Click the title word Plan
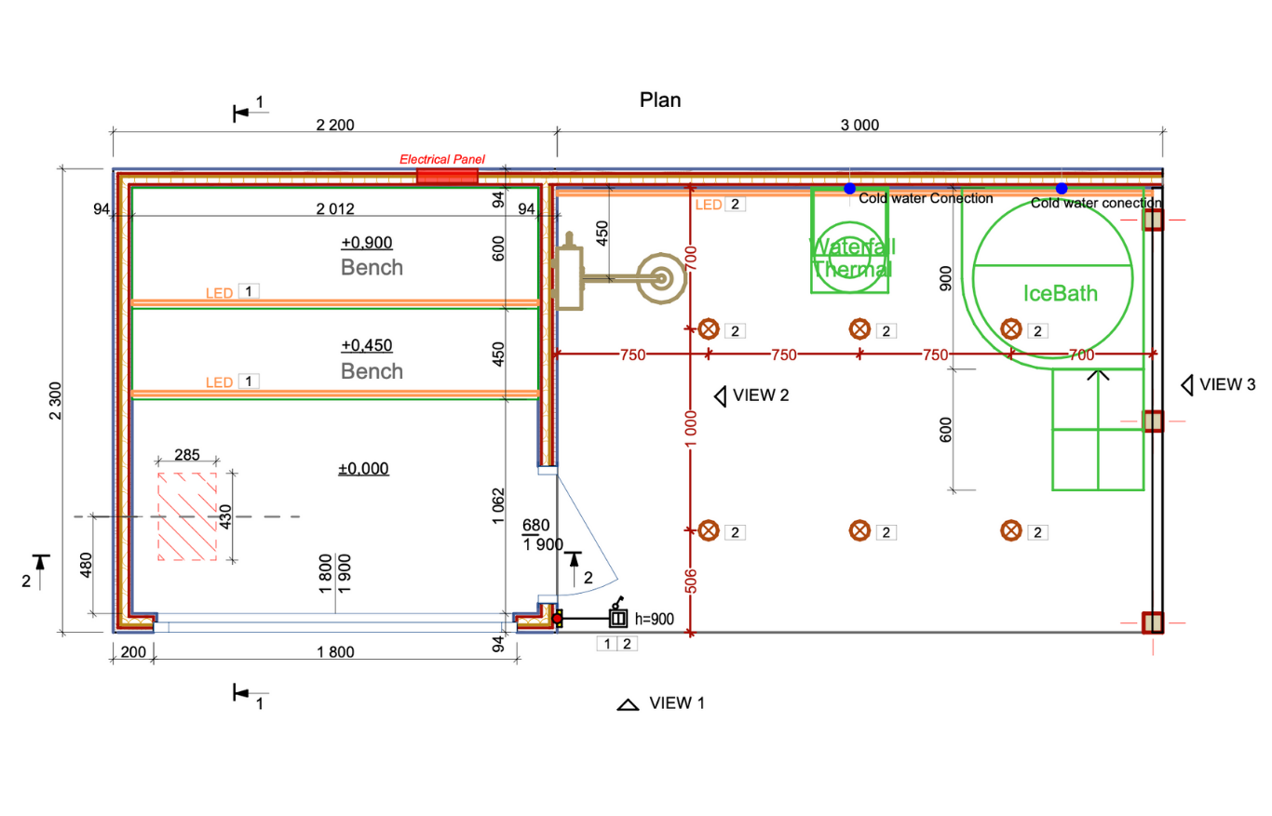pos(659,100)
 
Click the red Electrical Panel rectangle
pos(447,176)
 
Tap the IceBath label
pos(1061,294)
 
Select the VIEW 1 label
pos(677,702)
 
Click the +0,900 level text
pos(367,243)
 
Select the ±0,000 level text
pos(363,469)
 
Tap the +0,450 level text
pos(367,346)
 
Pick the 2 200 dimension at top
pos(335,126)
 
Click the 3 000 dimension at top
pos(859,126)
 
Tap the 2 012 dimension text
pos(335,208)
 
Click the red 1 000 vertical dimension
pos(691,431)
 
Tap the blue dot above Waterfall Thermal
pos(849,189)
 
